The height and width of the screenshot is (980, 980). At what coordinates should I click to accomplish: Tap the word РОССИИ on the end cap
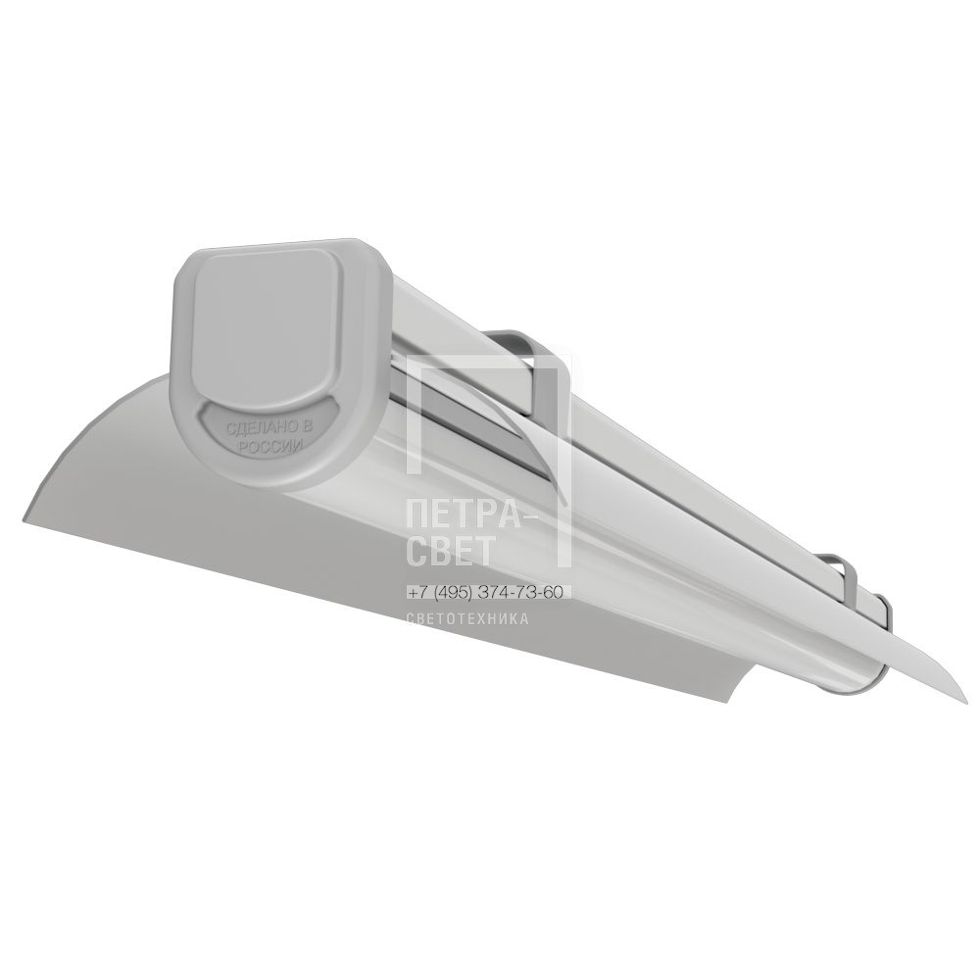(x=272, y=448)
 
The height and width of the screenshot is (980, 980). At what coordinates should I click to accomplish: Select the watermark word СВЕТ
(x=451, y=551)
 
